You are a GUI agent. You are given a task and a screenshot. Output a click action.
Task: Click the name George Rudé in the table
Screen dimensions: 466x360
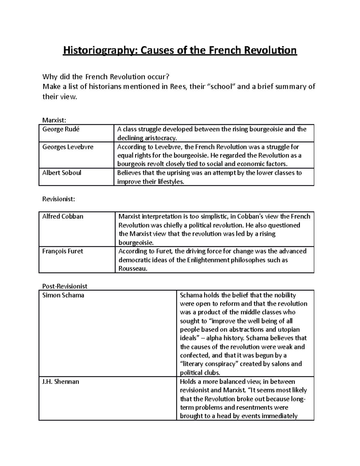[x=61, y=129]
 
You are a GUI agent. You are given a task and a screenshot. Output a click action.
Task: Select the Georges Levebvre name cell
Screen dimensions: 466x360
[x=68, y=147]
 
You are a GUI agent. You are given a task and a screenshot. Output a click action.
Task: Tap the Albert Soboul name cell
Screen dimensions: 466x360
[x=62, y=173]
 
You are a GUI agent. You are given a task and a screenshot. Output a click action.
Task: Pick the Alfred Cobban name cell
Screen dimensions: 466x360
[x=63, y=216]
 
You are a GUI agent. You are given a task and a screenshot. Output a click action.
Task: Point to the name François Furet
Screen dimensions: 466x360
[x=63, y=251]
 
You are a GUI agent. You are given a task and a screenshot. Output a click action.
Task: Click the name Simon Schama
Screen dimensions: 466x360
[x=63, y=295]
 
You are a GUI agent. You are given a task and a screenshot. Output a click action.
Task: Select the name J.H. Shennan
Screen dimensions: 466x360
[x=61, y=382]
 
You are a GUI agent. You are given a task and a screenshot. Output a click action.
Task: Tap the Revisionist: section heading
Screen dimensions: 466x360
[x=58, y=199]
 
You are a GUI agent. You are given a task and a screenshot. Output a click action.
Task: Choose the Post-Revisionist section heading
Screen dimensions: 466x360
[x=65, y=286]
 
